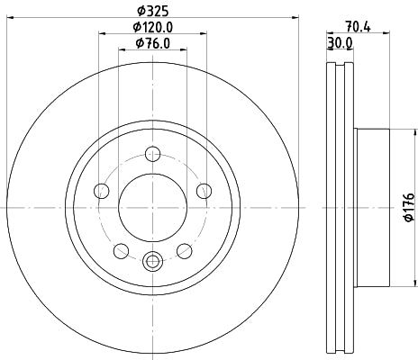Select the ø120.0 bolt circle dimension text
tap(152, 27)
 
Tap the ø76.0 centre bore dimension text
tap(152, 43)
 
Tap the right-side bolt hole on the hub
tap(204, 190)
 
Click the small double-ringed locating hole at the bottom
tap(152, 262)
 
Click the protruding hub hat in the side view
tap(371, 207)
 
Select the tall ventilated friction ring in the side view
tap(337, 207)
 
